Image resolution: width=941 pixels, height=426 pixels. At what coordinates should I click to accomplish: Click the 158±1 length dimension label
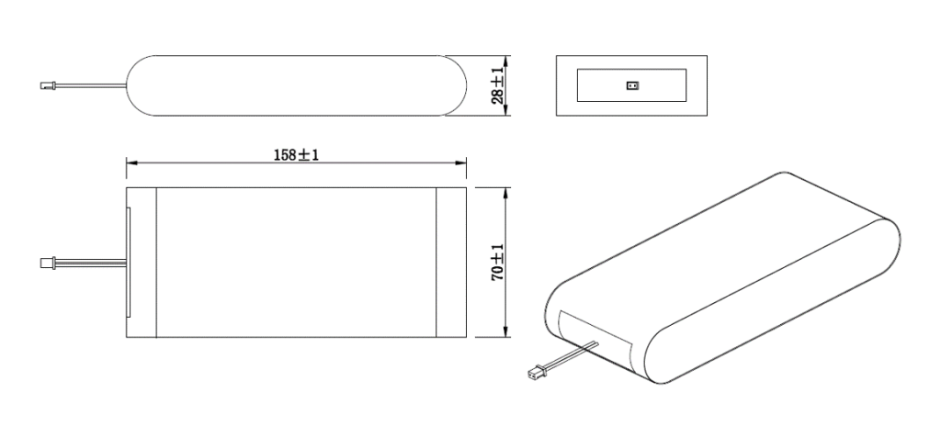coord(296,154)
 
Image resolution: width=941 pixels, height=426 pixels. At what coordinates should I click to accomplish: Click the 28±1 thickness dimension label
coord(497,84)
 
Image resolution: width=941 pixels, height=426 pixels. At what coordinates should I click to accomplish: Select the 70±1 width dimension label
coord(497,262)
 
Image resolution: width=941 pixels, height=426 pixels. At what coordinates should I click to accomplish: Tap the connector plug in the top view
coord(47,263)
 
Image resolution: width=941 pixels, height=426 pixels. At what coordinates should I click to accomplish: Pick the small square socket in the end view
coord(631,86)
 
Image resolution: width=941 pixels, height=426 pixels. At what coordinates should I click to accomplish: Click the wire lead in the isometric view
coord(570,357)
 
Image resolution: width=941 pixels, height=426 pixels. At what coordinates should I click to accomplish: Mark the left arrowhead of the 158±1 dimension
coord(130,164)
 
